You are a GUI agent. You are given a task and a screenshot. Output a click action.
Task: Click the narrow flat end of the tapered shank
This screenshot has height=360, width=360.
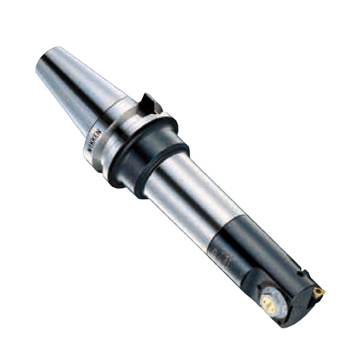(43, 60)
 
